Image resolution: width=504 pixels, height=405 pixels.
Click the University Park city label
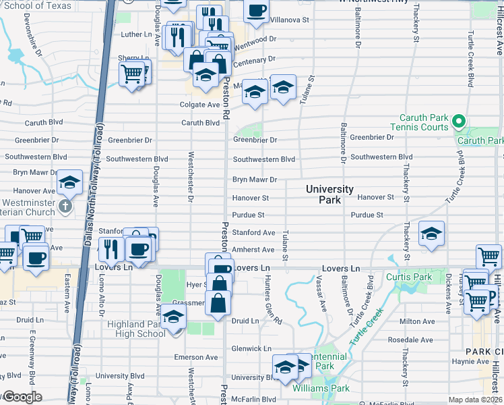coord(329,194)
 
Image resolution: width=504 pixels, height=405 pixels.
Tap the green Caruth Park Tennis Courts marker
coord(459,122)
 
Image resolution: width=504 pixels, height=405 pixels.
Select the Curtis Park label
coord(408,277)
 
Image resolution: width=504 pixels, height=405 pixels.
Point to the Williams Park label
coord(321,388)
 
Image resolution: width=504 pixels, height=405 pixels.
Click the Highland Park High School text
coord(135,329)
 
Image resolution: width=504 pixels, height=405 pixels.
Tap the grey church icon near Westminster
coord(65,206)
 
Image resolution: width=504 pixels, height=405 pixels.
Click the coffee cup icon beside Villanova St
coord(257,11)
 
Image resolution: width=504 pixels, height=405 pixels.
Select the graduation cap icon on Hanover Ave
coord(69,182)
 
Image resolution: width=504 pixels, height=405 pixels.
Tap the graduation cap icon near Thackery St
coord(431,234)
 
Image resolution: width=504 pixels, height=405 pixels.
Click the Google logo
coord(22,397)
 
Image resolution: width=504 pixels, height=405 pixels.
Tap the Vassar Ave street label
coord(323,296)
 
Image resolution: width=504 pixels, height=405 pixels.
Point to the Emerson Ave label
coord(197,357)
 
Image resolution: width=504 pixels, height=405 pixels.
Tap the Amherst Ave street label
coord(253,250)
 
